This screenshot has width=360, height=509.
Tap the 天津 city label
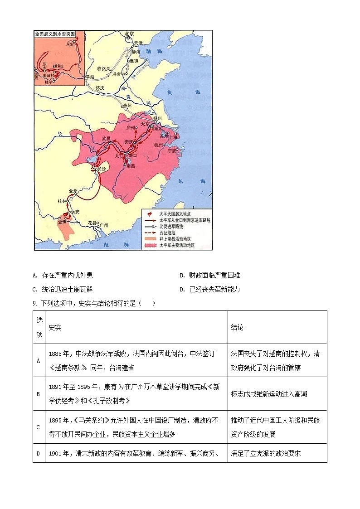click(145, 43)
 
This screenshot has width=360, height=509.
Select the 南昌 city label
click(131, 166)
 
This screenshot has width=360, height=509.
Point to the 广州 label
click(103, 225)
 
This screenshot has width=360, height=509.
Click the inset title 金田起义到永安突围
click(54, 34)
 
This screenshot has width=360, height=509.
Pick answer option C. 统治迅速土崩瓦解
click(63, 289)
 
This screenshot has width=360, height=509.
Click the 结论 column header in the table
click(237, 327)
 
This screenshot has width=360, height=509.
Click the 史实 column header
click(55, 327)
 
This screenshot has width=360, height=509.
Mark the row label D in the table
click(39, 453)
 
